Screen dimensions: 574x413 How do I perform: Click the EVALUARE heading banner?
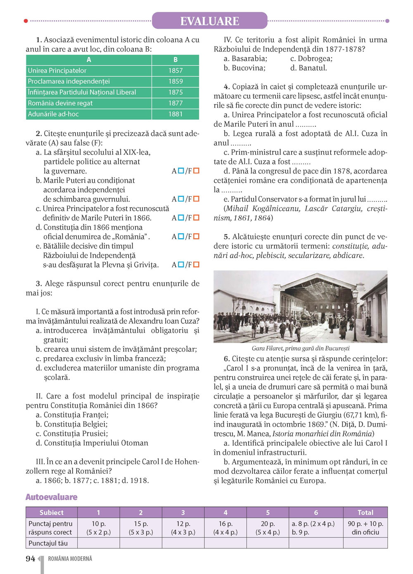pos(209,21)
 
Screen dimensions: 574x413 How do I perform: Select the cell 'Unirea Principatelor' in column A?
pos(57,71)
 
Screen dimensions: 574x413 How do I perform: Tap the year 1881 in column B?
pos(175,114)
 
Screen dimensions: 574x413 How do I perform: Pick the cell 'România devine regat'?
pos(60,103)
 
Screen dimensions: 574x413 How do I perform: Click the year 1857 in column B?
pos(175,71)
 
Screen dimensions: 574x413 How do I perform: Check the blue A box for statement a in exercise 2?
pos(181,171)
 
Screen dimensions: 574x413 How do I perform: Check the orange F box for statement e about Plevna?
pos(196,264)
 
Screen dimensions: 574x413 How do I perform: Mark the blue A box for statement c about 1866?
pos(181,217)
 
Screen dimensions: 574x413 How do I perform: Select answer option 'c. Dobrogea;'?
pos(311,59)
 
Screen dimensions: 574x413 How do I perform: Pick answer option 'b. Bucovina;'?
pos(244,68)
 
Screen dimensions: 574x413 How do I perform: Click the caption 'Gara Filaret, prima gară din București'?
pos(301,348)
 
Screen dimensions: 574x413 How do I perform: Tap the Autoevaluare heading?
pos(52,497)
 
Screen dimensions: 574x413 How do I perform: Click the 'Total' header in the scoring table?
pos(365,512)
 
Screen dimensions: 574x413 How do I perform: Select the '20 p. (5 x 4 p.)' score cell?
pos(268,528)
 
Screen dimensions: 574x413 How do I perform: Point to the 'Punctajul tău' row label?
pos(48,543)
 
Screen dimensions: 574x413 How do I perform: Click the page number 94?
pos(31,559)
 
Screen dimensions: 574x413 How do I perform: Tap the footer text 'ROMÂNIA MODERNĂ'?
pos(70,559)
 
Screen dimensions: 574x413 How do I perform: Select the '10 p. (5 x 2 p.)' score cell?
pos(99,528)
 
